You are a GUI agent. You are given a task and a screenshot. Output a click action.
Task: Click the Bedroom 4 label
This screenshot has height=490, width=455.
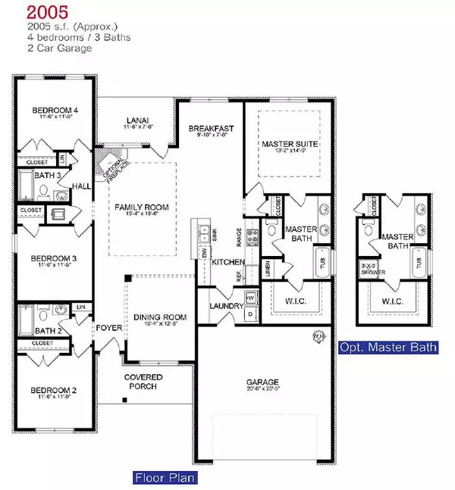[x=55, y=111]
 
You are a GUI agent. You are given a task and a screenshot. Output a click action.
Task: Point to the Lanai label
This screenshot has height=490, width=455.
[x=138, y=117]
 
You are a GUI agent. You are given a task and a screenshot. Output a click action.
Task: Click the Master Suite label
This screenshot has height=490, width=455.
[x=289, y=143]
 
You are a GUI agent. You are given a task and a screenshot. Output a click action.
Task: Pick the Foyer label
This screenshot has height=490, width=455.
[x=104, y=328]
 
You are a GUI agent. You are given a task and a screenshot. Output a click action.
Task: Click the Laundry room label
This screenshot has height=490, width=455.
[x=225, y=306]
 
